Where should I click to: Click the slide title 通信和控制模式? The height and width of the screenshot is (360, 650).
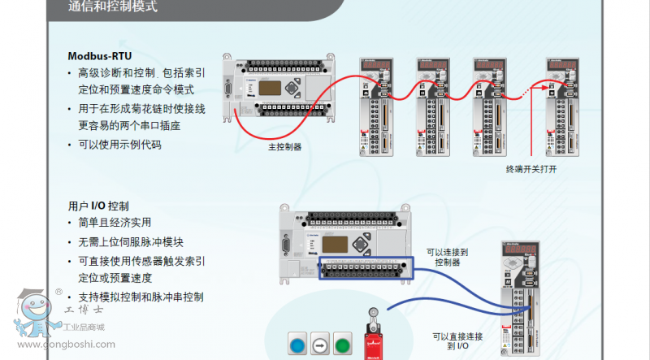[113, 7]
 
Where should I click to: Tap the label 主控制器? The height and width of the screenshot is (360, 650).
[285, 147]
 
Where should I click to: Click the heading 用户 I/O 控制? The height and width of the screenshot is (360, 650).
[98, 206]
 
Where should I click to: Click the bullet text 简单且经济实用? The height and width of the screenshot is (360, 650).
[115, 223]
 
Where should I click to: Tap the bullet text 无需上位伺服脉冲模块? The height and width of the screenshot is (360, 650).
[131, 242]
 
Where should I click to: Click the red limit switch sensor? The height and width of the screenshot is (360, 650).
[375, 337]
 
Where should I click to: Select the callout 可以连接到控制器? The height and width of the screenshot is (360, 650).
[447, 257]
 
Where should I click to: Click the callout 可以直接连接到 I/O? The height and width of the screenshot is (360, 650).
[457, 341]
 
